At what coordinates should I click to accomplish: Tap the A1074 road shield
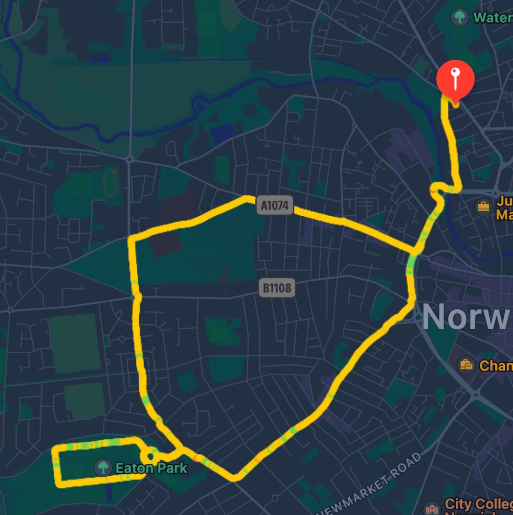click(x=275, y=205)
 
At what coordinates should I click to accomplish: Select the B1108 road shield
click(x=277, y=288)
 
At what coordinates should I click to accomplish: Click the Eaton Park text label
click(x=151, y=468)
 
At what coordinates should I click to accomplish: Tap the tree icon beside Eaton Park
click(x=103, y=468)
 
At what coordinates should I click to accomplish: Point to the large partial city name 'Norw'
click(x=466, y=317)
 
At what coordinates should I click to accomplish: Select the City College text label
click(x=478, y=505)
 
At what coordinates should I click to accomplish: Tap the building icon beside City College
click(x=431, y=508)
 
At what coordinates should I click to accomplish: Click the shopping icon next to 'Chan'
click(x=466, y=365)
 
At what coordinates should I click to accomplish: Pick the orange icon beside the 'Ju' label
click(x=483, y=207)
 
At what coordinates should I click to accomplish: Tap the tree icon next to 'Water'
click(x=459, y=17)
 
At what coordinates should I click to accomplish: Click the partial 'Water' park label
click(x=492, y=17)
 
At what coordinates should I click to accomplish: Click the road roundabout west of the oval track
click(x=130, y=159)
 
